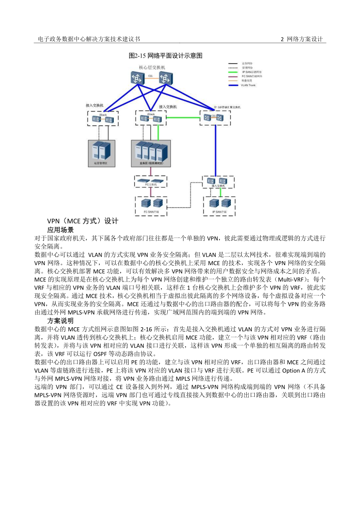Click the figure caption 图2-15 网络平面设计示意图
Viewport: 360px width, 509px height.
click(x=165, y=56)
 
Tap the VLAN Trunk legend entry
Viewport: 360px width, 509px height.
click(x=248, y=85)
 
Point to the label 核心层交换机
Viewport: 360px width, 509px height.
click(x=152, y=68)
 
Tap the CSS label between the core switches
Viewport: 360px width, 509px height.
click(x=150, y=76)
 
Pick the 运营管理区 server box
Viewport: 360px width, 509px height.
click(x=101, y=153)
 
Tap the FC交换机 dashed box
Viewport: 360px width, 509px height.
click(x=151, y=181)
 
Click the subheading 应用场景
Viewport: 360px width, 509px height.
click(x=60, y=230)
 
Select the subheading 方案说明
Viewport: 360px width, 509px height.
click(x=60, y=320)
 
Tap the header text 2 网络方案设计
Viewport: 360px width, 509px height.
click(x=302, y=39)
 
